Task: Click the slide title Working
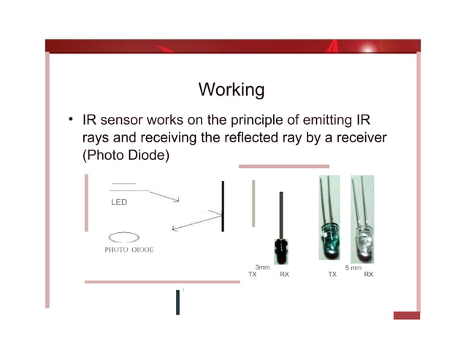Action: pyautogui.click(x=231, y=90)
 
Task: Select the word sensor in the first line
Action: pyautogui.click(x=123, y=119)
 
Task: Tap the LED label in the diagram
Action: pyautogui.click(x=118, y=202)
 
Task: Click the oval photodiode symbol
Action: pyautogui.click(x=123, y=237)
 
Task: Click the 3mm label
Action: pyautogui.click(x=262, y=268)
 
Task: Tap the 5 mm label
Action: pyautogui.click(x=354, y=268)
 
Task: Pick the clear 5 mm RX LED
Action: pyautogui.click(x=362, y=241)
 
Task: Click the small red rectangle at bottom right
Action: pyautogui.click(x=406, y=315)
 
